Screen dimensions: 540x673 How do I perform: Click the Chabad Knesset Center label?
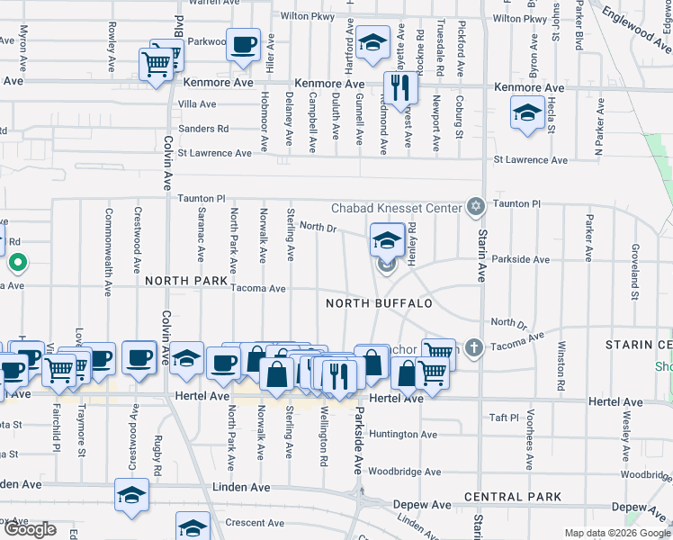click(397, 208)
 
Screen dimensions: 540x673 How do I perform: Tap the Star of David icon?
click(475, 207)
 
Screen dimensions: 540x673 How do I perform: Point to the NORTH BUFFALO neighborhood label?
click(379, 303)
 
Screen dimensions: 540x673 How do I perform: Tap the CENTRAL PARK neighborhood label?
click(513, 497)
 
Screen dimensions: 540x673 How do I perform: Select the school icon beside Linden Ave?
click(131, 494)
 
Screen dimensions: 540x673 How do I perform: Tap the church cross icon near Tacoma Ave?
click(474, 347)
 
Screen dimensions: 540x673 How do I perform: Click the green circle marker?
click(17, 264)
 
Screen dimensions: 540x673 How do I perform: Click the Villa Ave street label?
click(198, 104)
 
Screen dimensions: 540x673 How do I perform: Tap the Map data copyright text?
click(616, 533)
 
